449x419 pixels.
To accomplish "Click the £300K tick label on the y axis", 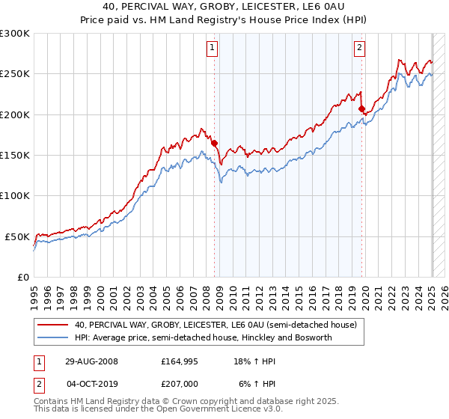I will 15,34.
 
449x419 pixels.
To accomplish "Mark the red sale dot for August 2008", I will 214,143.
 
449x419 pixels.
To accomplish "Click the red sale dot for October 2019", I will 361,109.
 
